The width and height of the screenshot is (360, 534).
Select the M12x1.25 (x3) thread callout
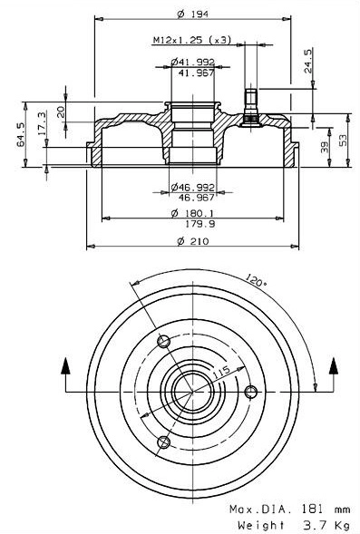(190, 40)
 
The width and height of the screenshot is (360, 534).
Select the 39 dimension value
(324, 147)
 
